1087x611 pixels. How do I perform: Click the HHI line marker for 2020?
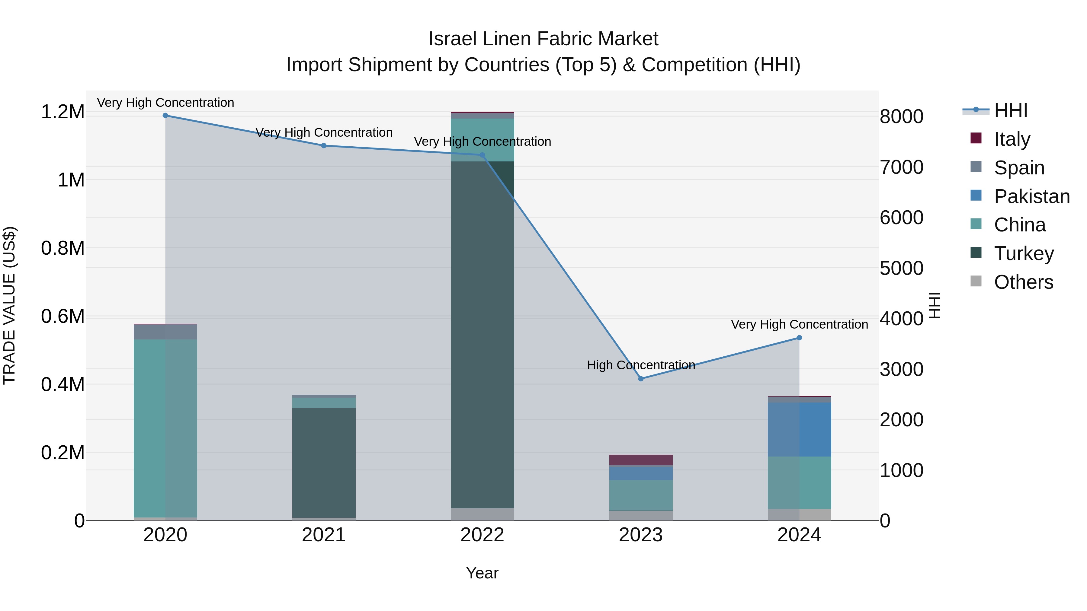coord(165,116)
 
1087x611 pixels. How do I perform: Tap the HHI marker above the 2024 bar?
coord(799,338)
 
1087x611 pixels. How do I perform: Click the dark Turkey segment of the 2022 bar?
coord(482,333)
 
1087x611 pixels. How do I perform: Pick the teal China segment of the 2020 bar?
coord(165,428)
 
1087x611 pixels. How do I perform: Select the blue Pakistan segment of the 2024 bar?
coord(799,429)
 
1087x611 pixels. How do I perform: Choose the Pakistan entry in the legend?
coord(1031,196)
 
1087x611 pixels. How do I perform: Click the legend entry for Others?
coord(1023,282)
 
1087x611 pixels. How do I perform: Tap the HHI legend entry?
coord(1010,110)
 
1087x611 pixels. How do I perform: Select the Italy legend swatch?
coord(976,138)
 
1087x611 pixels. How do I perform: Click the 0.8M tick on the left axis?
coord(63,248)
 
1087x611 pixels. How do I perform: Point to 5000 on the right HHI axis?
coord(901,268)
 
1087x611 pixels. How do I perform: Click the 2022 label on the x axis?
coord(482,535)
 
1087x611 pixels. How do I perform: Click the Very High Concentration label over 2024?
coord(799,324)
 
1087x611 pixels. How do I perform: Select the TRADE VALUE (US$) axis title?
coord(9,305)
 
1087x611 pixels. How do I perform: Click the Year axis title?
coord(482,573)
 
